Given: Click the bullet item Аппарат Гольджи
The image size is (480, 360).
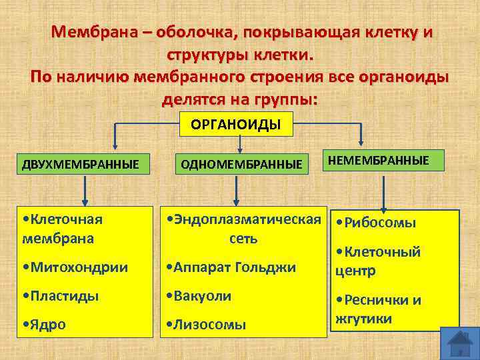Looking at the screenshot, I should [x=231, y=267].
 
